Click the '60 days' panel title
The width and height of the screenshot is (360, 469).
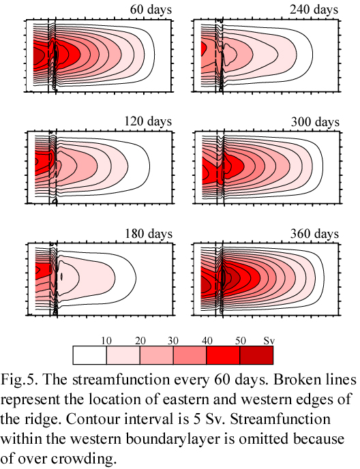point(151,10)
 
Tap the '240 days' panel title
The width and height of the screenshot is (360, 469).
point(314,10)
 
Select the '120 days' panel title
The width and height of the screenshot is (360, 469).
point(148,121)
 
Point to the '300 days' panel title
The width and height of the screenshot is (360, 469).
point(315,122)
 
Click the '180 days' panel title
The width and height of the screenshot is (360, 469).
point(149,233)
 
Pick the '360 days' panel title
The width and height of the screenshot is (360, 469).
point(314,233)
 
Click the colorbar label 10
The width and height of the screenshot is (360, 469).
point(106,341)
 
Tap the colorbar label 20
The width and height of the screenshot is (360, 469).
point(140,341)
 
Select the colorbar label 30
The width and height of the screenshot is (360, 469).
point(173,341)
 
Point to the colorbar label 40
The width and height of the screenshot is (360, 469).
point(207,341)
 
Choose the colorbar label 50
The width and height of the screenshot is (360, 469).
point(240,341)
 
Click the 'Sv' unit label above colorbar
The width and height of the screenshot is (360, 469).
point(269,341)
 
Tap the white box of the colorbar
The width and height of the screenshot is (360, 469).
point(90,355)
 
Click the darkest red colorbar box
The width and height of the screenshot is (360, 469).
point(256,355)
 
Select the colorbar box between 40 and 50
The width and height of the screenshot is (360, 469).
point(223,355)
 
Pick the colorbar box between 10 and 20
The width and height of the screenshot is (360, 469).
point(123,355)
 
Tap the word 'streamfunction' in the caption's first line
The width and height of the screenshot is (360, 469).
point(121,380)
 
